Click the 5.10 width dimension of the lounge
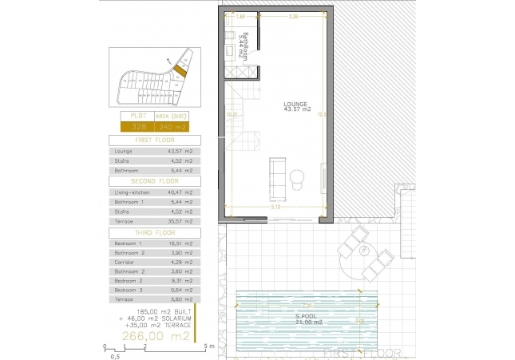pyautogui.click(x=274, y=207)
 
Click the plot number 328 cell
pyautogui.click(x=138, y=126)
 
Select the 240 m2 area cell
pyautogui.click(x=173, y=126)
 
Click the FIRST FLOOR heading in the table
pyautogui.click(x=156, y=139)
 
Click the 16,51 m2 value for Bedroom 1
pyautogui.click(x=179, y=243)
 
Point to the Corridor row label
pyautogui.click(x=125, y=262)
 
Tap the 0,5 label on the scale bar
pyautogui.click(x=115, y=357)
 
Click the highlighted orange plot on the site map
pyautogui.click(x=181, y=72)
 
